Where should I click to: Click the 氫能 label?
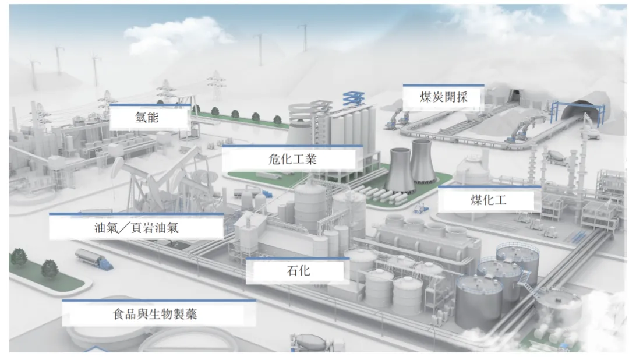click(149, 119)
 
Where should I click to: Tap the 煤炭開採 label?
click(443, 97)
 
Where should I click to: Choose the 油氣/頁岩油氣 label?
click(136, 228)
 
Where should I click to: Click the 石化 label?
click(298, 271)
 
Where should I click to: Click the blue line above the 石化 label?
click(298, 259)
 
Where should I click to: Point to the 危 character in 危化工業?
click(275, 158)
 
